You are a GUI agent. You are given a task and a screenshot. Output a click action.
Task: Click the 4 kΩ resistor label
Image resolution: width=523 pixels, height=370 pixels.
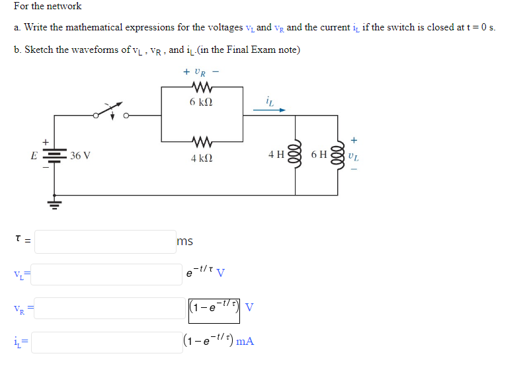coord(201,159)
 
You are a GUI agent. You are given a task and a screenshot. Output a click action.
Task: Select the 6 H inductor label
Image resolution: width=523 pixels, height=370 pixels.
coord(318,155)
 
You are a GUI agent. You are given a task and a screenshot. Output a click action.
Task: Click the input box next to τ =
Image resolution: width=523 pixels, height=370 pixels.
coord(105,241)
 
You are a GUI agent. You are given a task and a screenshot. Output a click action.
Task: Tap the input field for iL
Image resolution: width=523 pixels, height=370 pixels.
coord(105,342)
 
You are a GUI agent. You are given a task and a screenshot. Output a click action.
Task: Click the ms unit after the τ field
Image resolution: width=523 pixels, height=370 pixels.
coord(185,242)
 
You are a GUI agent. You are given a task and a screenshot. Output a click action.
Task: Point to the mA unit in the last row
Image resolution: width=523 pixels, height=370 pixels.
coord(245,342)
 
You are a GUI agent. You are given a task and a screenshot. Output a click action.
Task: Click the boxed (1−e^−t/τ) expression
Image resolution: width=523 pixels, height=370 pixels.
coord(215,309)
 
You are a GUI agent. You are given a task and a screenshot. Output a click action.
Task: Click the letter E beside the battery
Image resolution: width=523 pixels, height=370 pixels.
coord(34,157)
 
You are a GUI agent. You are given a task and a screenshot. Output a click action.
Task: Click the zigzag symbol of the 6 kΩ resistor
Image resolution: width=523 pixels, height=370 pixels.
coord(200,87)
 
